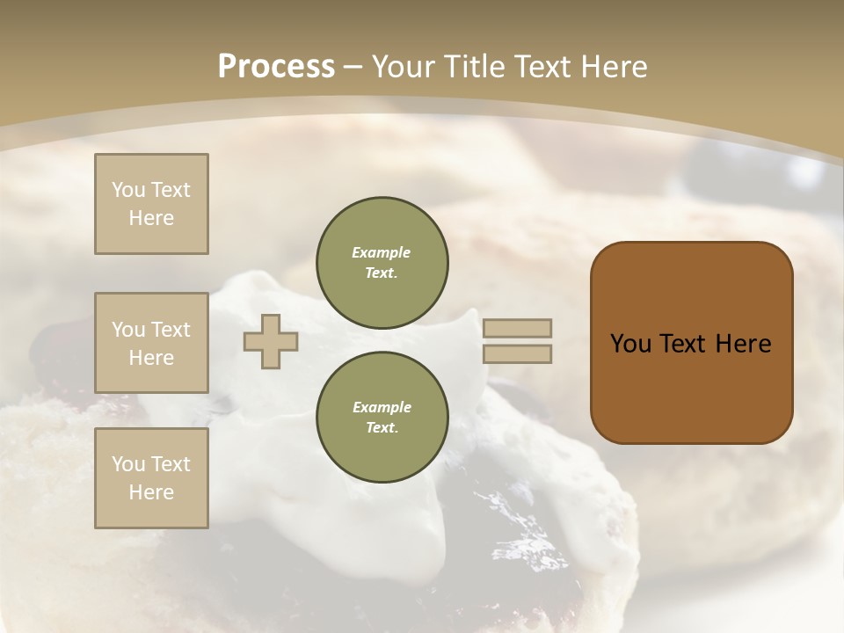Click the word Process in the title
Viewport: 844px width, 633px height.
click(x=276, y=66)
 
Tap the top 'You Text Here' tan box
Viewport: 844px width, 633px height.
click(x=151, y=204)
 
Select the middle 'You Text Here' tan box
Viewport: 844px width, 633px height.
click(x=151, y=343)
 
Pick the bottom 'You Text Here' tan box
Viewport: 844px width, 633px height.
click(x=151, y=478)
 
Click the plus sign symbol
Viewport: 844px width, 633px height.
click(x=271, y=341)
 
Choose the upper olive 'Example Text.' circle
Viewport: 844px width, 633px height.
click(x=382, y=262)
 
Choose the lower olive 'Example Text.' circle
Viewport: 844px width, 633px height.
click(x=382, y=417)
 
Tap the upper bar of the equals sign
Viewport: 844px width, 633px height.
click(x=518, y=328)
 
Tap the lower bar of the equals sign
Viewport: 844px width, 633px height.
click(x=518, y=353)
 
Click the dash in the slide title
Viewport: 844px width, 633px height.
click(x=353, y=67)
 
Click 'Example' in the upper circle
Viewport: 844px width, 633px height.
click(x=382, y=252)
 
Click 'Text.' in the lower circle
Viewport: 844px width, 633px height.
click(x=382, y=427)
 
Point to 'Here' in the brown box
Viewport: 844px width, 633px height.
click(x=743, y=344)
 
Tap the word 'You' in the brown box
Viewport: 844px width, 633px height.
click(x=631, y=344)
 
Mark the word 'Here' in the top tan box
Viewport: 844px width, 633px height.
click(x=151, y=218)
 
